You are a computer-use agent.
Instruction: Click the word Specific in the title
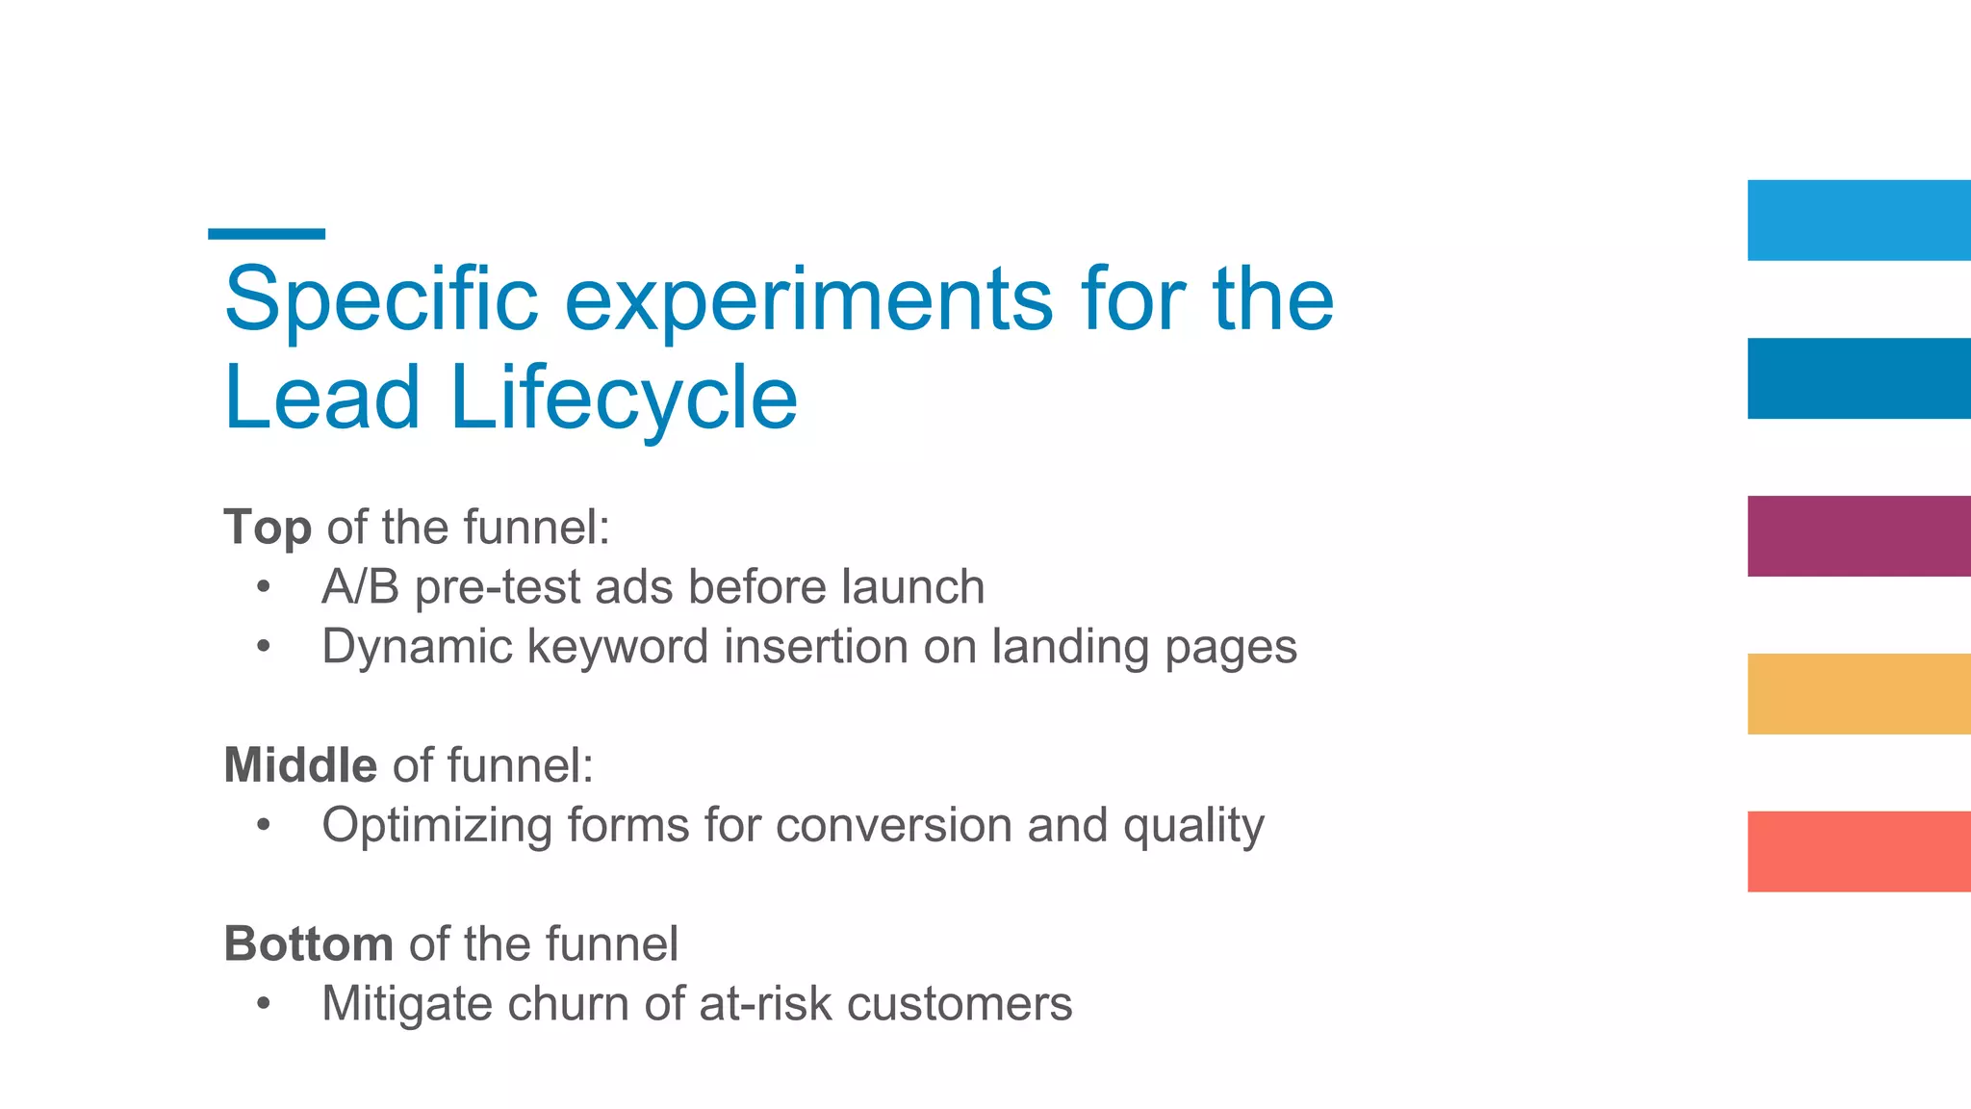(381, 300)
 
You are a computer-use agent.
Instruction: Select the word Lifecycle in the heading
(624, 399)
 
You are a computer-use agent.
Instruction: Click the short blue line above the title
(267, 234)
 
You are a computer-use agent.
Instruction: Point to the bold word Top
(268, 529)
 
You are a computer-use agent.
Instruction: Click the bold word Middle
(300, 766)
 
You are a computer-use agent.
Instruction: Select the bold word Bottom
(308, 944)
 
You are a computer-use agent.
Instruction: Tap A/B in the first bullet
(360, 587)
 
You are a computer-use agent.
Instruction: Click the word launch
(912, 587)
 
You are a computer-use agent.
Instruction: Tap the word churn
(568, 1004)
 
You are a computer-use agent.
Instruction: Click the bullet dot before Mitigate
(264, 1005)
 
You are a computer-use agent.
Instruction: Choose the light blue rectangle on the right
(1858, 220)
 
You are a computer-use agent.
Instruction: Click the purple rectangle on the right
(1858, 536)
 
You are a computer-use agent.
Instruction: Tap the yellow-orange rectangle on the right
(1858, 694)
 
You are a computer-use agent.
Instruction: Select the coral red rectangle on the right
(1858, 852)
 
